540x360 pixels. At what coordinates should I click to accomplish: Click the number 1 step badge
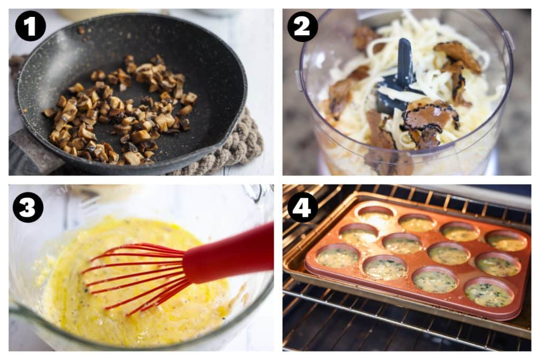point(31,26)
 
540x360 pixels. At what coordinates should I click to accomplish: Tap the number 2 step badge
point(303,26)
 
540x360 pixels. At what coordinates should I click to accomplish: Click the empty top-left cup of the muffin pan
point(375,213)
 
